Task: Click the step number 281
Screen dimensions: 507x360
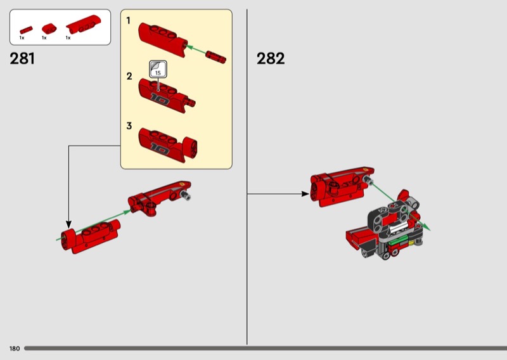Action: click(22, 58)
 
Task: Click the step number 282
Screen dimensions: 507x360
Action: click(271, 58)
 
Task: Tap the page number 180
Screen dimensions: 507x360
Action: click(15, 349)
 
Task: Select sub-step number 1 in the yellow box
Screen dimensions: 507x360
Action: click(129, 21)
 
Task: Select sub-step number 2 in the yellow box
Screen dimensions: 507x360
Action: click(129, 76)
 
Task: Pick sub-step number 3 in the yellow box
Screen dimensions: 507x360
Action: click(129, 126)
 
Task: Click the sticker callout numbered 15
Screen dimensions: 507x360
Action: click(158, 69)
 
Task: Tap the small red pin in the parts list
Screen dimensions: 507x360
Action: click(26, 30)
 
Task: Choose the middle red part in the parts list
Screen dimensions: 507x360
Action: click(49, 29)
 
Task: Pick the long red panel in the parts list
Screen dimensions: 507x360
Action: click(83, 25)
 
